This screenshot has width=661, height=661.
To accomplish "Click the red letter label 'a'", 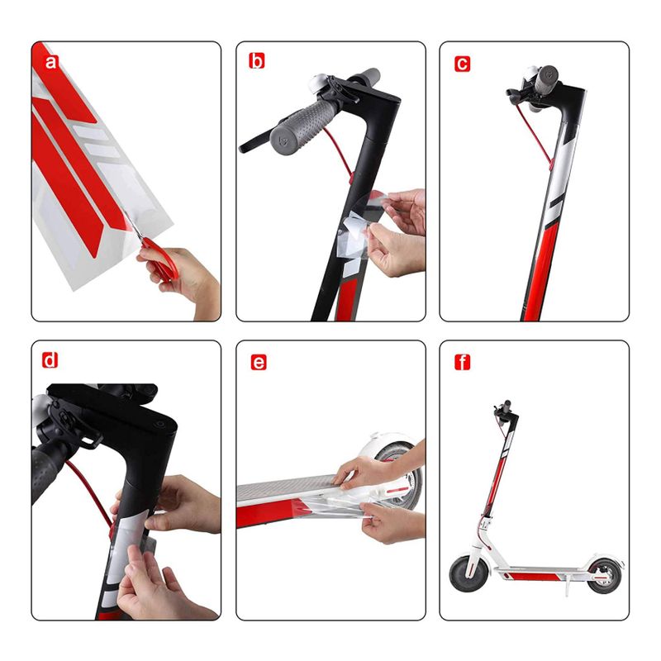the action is coord(50,62).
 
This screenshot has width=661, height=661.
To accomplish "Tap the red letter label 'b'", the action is coord(256,61).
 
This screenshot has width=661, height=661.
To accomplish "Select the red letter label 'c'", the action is coord(462,64).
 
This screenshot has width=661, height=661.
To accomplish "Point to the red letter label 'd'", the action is coord(50,360).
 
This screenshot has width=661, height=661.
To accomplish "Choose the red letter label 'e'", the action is coord(259,362).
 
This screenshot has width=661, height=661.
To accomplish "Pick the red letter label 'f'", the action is coord(463,362).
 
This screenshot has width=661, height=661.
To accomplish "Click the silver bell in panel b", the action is coord(319,85).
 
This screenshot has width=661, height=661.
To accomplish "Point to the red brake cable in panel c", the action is coord(534,135).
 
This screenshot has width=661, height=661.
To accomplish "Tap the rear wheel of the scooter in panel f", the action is coord(604,575).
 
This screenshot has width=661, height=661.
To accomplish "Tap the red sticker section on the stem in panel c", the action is coord(541,270).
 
